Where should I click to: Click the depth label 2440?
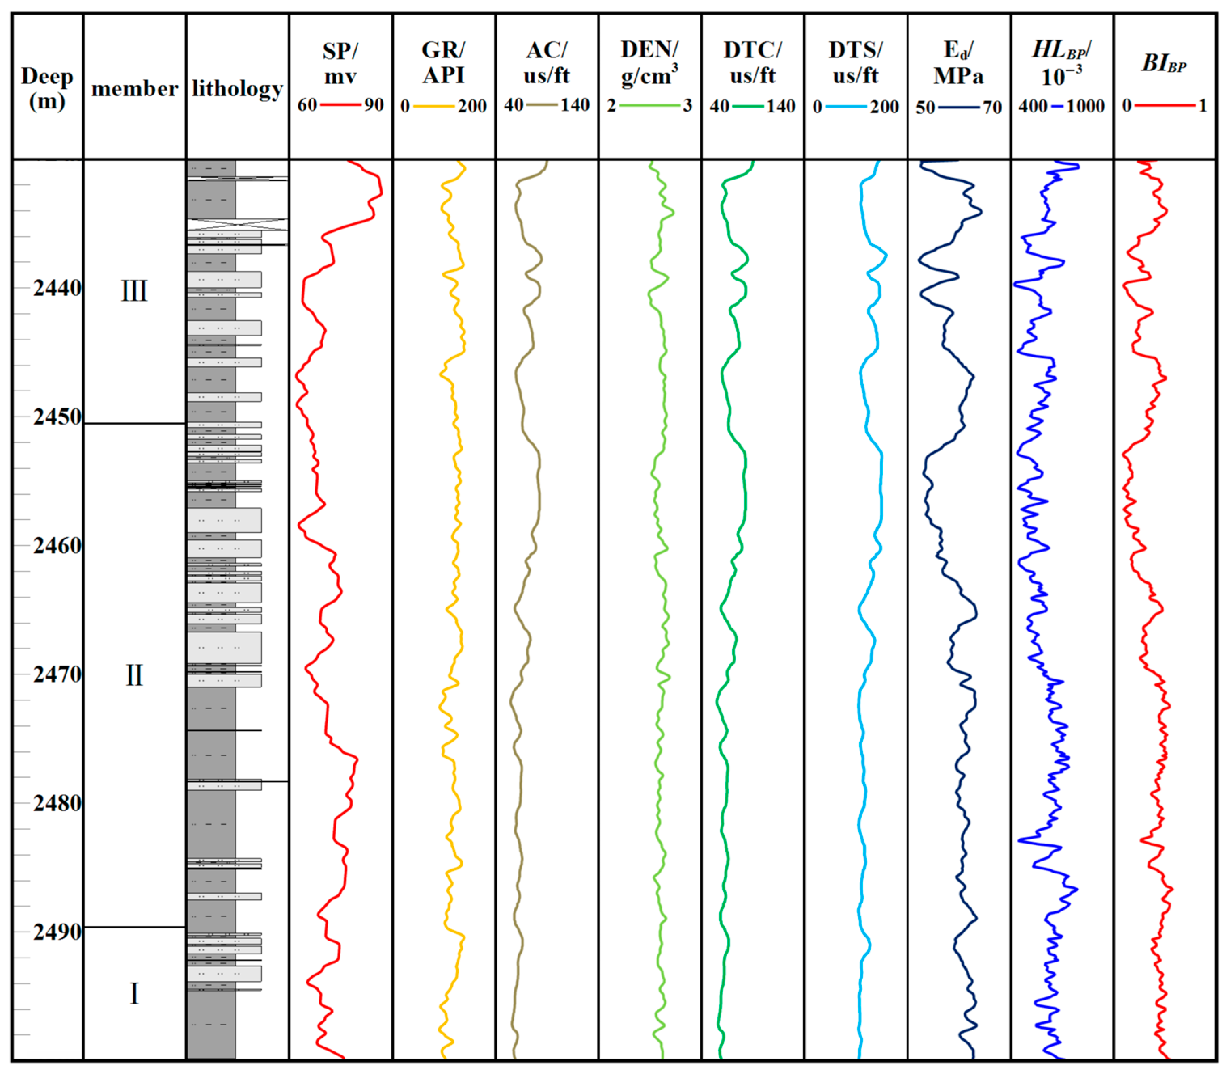57,288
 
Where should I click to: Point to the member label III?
134,291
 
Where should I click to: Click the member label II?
134,675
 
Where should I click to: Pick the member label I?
134,994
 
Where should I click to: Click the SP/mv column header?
340,63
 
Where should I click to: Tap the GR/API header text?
443,62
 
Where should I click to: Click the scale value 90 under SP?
374,105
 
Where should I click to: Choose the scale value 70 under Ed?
992,108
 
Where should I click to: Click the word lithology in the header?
237,89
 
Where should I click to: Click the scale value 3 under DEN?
687,106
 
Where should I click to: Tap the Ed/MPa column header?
958,63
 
